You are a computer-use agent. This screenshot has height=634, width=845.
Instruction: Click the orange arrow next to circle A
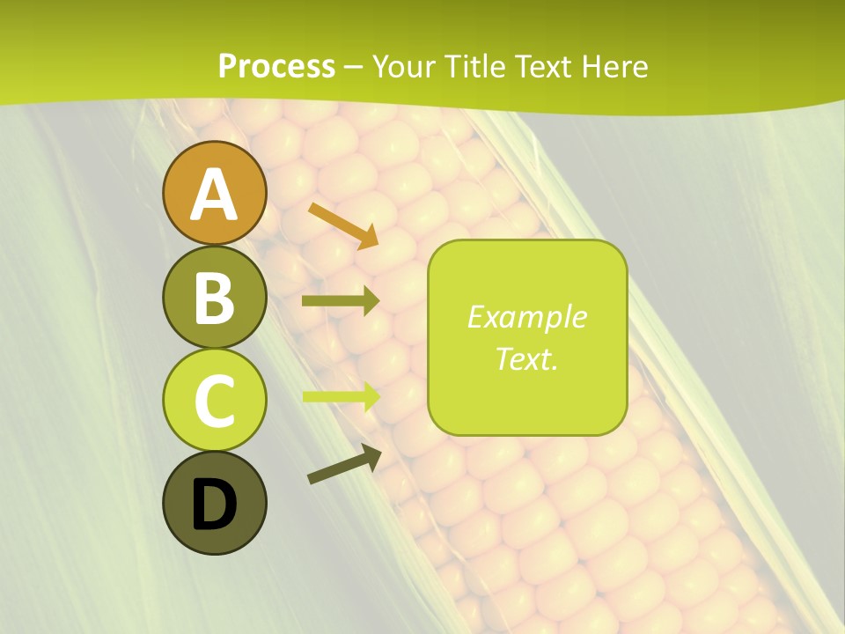tap(344, 225)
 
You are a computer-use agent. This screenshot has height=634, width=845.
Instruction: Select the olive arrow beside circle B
tap(341, 301)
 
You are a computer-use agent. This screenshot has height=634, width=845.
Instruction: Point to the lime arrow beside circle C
tap(342, 395)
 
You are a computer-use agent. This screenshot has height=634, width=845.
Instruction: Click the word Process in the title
tap(276, 66)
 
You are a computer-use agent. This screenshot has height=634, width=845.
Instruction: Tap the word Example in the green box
tap(526, 317)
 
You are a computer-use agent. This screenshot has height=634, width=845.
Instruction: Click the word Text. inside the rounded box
tap(526, 358)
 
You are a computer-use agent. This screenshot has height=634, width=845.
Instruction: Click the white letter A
tap(215, 195)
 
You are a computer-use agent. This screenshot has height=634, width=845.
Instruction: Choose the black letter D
tap(215, 505)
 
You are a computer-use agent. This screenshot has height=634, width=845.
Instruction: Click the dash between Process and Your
tap(354, 67)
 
